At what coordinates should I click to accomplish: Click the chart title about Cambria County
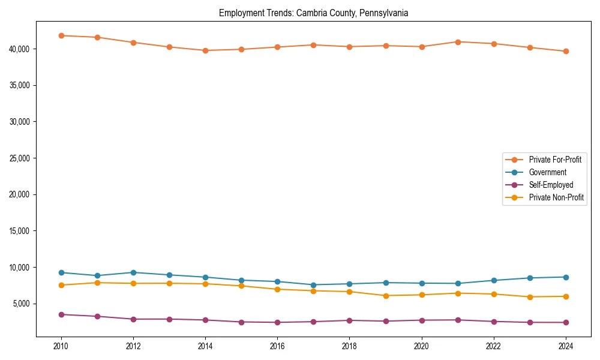(313, 13)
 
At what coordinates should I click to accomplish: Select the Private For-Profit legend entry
(555, 160)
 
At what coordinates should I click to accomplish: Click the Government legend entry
(547, 172)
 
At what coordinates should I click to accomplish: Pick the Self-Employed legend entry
(551, 185)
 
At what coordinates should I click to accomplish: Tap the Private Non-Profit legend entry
(556, 197)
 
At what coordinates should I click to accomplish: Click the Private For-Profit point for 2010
(61, 35)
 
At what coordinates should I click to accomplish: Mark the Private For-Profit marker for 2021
(457, 42)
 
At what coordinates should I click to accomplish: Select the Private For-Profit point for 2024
(565, 52)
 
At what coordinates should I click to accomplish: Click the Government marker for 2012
(133, 272)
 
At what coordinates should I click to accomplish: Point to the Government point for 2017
(313, 285)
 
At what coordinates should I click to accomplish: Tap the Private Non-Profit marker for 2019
(385, 296)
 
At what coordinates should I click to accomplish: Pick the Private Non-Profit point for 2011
(97, 283)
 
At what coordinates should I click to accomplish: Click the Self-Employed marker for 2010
(61, 314)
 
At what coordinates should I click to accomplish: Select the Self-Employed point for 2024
(565, 323)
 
